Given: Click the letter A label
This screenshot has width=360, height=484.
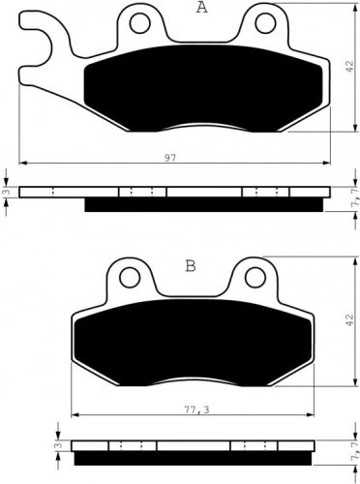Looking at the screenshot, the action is pyautogui.click(x=202, y=7).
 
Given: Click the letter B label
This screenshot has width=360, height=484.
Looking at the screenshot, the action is pyautogui.click(x=191, y=266).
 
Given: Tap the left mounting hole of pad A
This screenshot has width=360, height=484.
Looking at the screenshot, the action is pyautogui.click(x=140, y=23).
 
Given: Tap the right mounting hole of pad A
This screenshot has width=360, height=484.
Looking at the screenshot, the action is pyautogui.click(x=265, y=23).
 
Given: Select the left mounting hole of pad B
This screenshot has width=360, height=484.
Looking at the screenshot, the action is pyautogui.click(x=130, y=277).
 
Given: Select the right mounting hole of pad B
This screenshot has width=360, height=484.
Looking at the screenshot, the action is pyautogui.click(x=255, y=277).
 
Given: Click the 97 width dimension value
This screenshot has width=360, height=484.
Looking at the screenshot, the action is pyautogui.click(x=170, y=158).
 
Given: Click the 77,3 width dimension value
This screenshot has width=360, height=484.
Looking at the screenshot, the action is pyautogui.click(x=197, y=409).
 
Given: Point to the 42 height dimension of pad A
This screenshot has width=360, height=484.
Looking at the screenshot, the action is pyautogui.click(x=349, y=66).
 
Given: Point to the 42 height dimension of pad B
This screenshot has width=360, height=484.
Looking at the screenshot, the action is pyautogui.click(x=349, y=320).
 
